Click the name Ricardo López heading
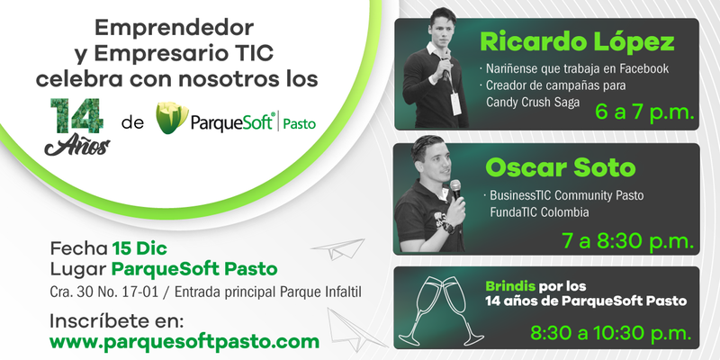[x=577, y=42]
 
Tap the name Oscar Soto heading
[x=560, y=168]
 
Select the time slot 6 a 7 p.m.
[x=643, y=112]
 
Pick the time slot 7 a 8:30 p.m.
[x=627, y=241]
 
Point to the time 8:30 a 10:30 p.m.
[x=611, y=333]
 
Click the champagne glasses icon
[x=440, y=310]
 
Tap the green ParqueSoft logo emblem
[x=172, y=118]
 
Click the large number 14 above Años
[x=76, y=116]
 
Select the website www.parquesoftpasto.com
[x=184, y=342]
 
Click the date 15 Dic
[x=139, y=249]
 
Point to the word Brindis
[x=510, y=287]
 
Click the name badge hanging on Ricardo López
[x=455, y=103]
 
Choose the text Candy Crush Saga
[x=533, y=103]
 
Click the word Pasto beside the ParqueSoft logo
[x=300, y=124]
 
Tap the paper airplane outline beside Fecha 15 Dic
[x=338, y=249]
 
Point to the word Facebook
[x=644, y=69]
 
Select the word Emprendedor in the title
[x=174, y=29]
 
